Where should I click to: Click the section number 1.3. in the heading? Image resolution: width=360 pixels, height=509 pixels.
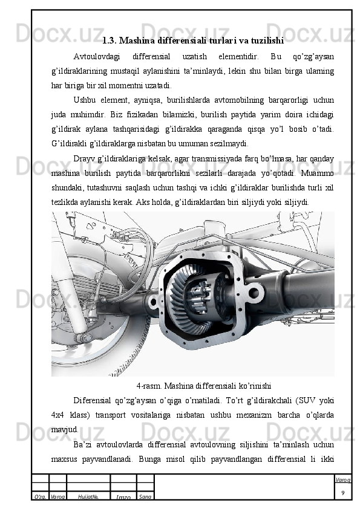110,41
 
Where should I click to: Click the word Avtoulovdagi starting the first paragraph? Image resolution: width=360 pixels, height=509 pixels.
96,57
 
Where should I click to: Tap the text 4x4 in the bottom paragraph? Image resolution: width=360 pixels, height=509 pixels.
57,415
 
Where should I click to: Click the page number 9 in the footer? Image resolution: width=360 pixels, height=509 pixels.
343,493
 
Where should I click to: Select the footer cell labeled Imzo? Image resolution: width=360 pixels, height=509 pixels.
123,497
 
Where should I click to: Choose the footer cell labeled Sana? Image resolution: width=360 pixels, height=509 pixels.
145,497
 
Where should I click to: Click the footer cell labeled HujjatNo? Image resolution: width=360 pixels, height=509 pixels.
88,497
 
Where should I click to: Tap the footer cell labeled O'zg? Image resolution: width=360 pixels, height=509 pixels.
40,497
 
